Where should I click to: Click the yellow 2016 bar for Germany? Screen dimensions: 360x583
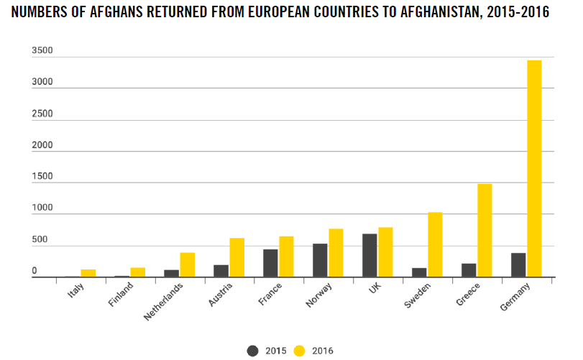534,168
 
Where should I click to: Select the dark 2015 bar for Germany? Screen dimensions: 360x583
518,264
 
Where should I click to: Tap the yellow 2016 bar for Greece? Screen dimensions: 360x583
485,230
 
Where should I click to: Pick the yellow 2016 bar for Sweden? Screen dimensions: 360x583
435,244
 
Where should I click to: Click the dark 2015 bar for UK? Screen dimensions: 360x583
369,255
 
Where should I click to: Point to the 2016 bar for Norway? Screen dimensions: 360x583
336,252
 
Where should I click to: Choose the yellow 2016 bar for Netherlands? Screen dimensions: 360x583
187,264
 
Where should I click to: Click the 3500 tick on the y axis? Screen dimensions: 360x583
42,51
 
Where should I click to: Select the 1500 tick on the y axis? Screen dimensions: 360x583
42,177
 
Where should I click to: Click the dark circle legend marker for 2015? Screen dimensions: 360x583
252,351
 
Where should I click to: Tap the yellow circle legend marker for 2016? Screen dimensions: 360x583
300,351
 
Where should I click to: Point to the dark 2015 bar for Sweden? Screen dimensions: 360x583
419,272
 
